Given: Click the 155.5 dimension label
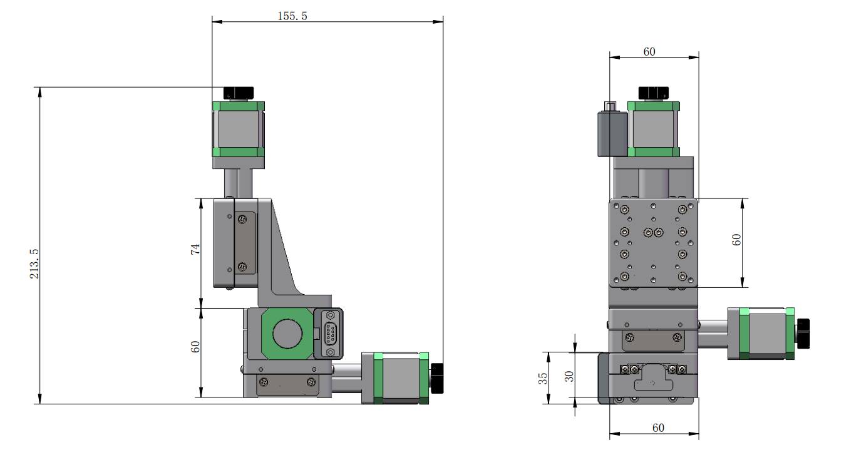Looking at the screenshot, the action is pyautogui.click(x=292, y=16).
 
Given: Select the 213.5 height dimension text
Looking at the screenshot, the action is pyautogui.click(x=34, y=263).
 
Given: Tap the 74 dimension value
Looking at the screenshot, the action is pyautogui.click(x=195, y=249).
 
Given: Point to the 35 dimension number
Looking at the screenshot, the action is pyautogui.click(x=543, y=378).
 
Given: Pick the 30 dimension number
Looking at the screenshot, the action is pyautogui.click(x=569, y=376).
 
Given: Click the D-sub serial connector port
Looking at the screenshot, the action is pyautogui.click(x=330, y=334).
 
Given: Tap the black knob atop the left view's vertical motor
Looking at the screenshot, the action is pyautogui.click(x=239, y=93).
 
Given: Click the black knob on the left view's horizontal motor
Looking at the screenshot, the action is pyautogui.click(x=437, y=378).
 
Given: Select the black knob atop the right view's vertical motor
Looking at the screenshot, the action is pyautogui.click(x=653, y=93).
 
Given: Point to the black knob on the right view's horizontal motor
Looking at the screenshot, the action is pyautogui.click(x=803, y=334).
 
